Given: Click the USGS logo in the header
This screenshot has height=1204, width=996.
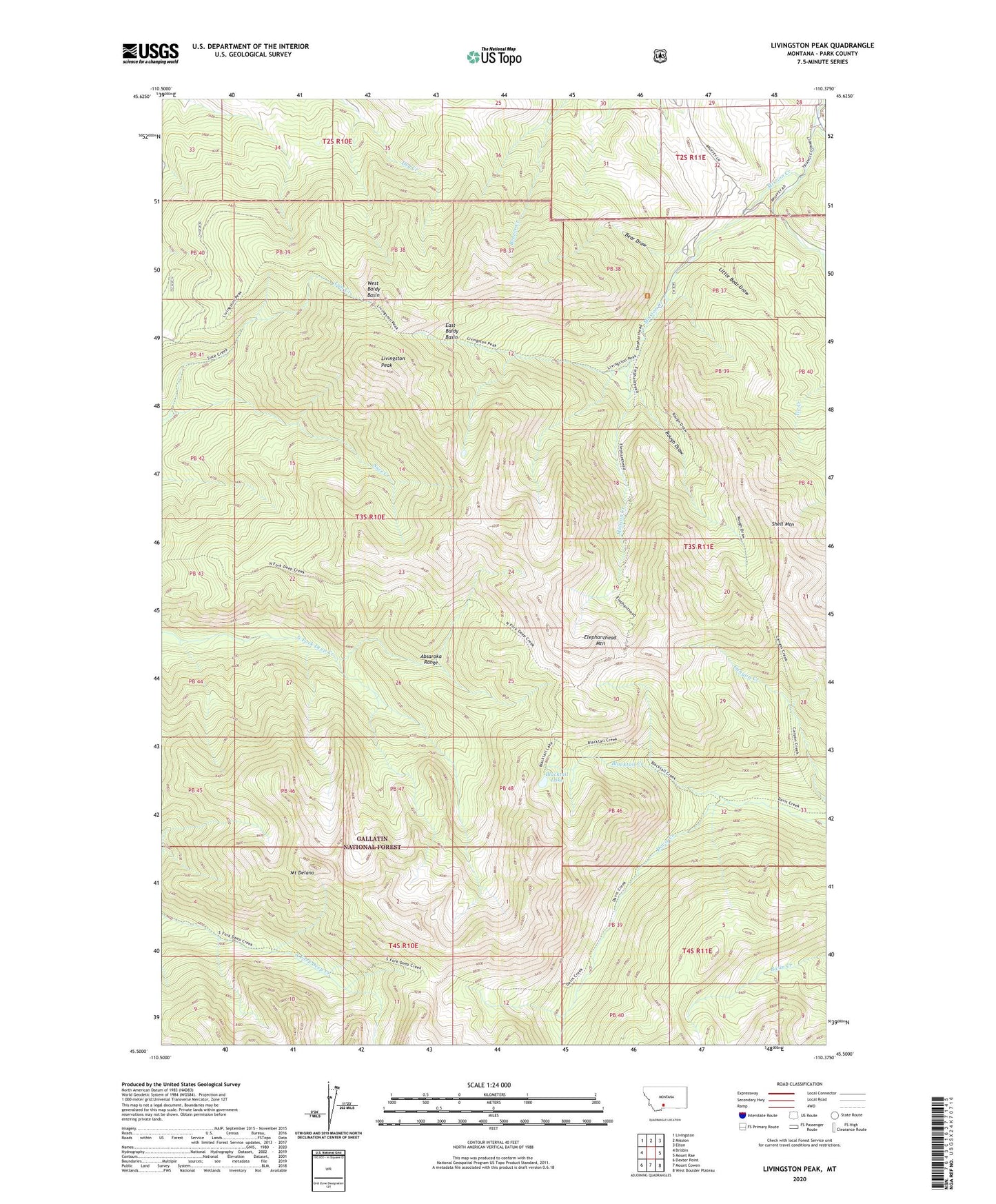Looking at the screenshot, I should click(150, 53).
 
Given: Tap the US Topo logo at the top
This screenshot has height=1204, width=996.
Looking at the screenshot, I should click(493, 57).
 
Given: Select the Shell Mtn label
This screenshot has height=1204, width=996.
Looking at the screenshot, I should click(783, 524).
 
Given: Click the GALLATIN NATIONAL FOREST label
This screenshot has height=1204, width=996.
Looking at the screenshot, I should click(372, 843).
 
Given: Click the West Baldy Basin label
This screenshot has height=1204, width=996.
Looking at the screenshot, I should click(373, 289).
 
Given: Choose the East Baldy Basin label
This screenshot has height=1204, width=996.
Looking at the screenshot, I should click(451, 331).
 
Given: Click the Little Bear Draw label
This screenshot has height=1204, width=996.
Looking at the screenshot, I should click(733, 281).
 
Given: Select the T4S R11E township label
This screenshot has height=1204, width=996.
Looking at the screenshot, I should click(698, 950).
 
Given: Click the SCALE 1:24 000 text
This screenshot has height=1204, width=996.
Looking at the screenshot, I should click(489, 1085).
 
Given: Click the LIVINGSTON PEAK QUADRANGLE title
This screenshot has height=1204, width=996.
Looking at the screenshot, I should click(822, 46).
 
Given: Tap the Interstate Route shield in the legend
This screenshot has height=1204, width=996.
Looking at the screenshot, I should click(741, 1115).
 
